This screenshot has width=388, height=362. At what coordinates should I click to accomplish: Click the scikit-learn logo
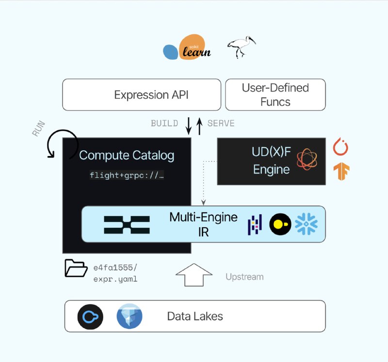pos(187,47)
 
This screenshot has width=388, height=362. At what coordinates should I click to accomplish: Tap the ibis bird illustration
pos(242,47)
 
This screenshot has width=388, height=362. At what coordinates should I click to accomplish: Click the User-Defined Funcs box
pos(275,95)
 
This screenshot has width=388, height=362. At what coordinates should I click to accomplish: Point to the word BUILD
pos(164,124)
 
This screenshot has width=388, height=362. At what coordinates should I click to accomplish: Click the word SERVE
pos(221,124)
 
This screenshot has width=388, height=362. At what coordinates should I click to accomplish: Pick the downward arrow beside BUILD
pos(189,125)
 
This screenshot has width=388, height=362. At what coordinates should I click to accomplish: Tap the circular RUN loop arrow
pos(63,143)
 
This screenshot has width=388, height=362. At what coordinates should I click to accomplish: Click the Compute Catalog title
pos(127,156)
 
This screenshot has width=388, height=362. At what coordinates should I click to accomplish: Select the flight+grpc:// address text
pos(127,175)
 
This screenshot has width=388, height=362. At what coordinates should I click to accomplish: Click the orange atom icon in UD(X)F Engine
pos(307,159)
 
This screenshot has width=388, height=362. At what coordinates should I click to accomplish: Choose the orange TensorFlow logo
pos(341,172)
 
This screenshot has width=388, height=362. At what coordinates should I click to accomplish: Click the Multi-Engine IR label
pos(203,224)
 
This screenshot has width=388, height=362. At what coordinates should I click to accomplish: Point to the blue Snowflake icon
pos(307,224)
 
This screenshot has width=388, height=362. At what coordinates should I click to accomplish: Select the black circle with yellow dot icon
pos(280,224)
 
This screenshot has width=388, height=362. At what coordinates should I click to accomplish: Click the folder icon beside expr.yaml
pos(76,268)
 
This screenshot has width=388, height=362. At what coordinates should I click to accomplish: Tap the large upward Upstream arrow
pos(194,274)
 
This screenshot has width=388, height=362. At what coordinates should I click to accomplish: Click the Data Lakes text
pos(195,316)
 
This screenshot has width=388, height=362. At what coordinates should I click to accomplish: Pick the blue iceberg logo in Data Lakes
pos(129,316)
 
